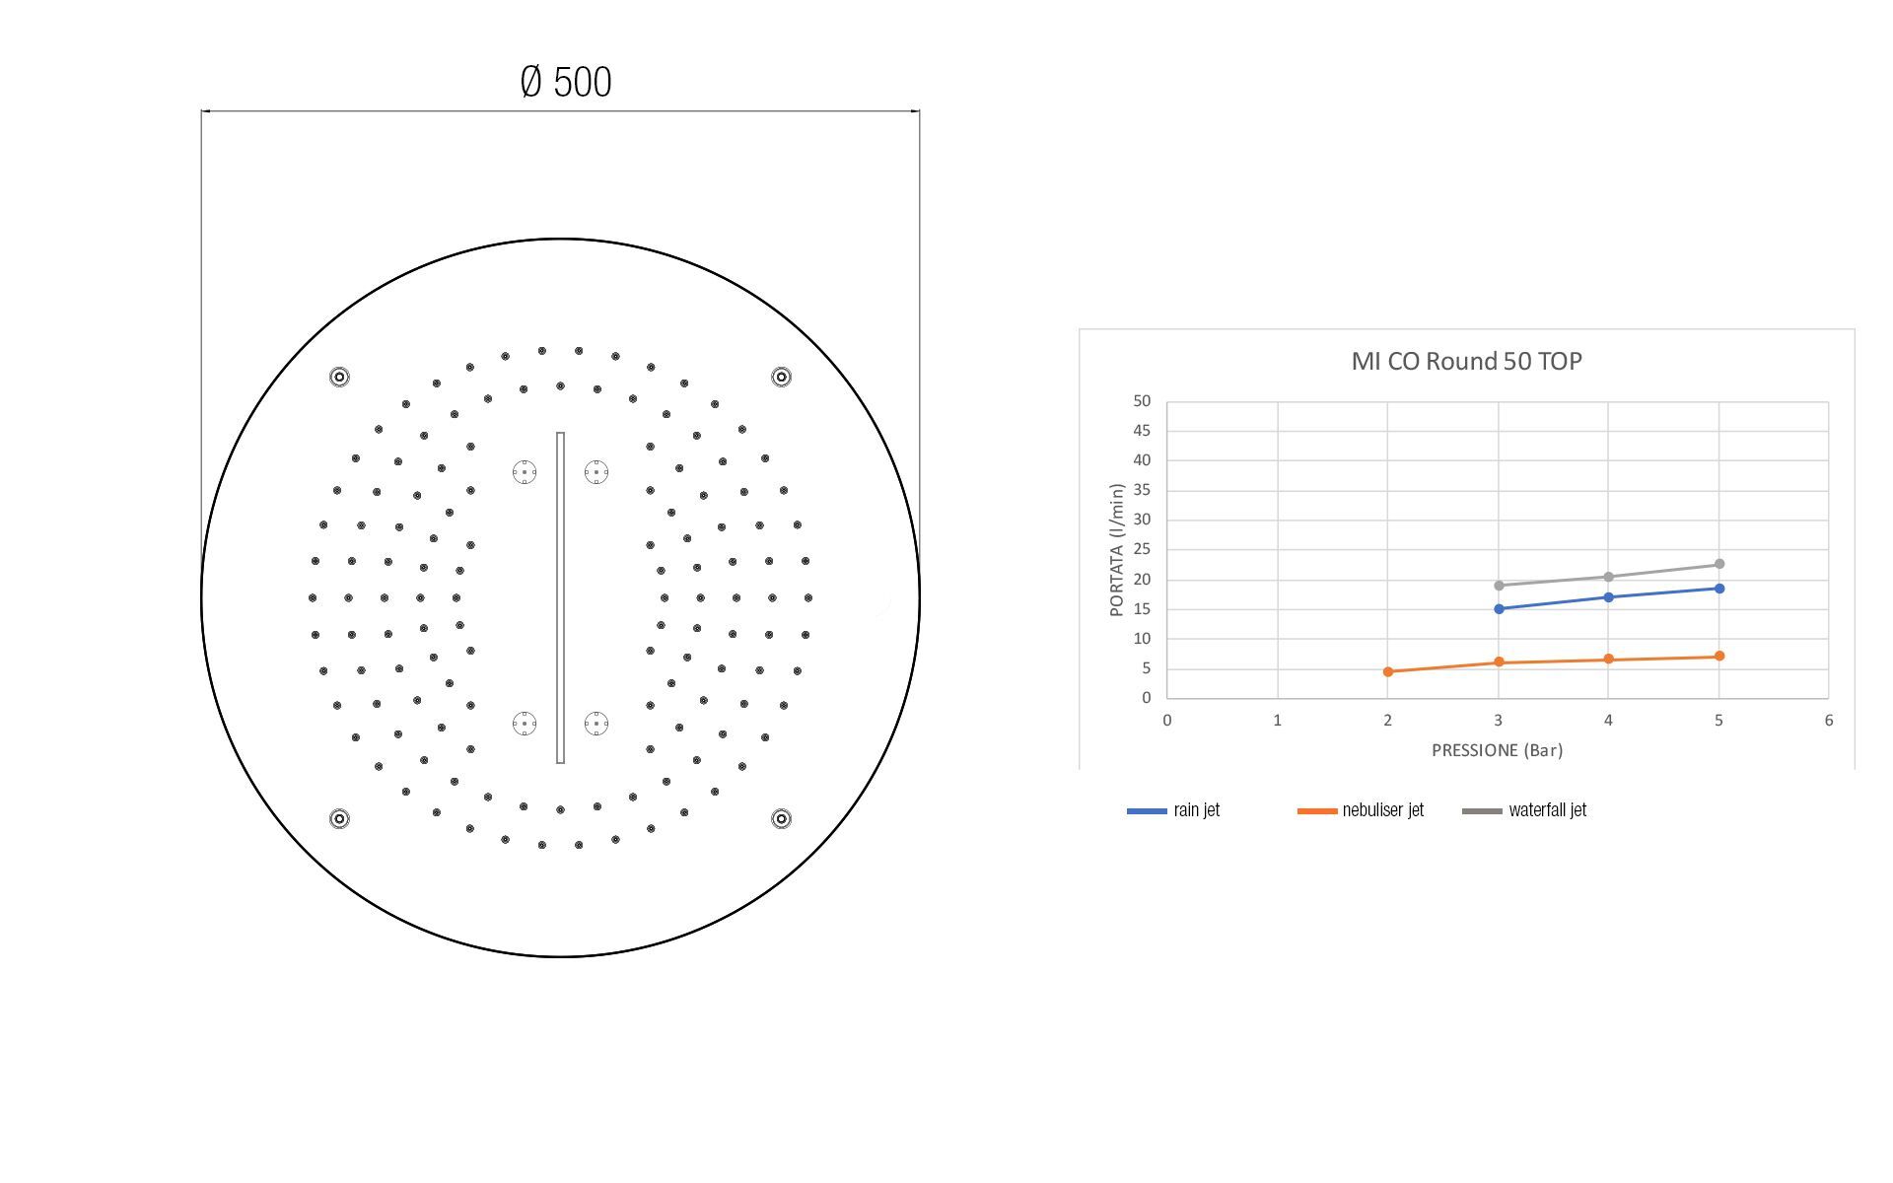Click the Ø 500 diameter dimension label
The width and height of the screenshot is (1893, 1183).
click(x=565, y=82)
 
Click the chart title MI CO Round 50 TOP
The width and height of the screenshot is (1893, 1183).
click(x=1466, y=361)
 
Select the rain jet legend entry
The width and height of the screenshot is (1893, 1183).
click(x=1173, y=810)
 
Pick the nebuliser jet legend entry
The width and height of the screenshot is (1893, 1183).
click(x=1361, y=810)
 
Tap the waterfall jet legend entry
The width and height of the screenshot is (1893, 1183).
click(x=1524, y=810)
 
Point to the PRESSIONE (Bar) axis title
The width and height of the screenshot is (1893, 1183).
click(x=1497, y=750)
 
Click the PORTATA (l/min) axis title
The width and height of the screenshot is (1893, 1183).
click(x=1117, y=550)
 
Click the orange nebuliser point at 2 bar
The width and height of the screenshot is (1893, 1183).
click(x=1388, y=671)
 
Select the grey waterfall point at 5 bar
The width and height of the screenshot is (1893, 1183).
click(x=1719, y=564)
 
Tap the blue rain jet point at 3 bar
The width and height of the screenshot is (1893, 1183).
click(x=1499, y=609)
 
